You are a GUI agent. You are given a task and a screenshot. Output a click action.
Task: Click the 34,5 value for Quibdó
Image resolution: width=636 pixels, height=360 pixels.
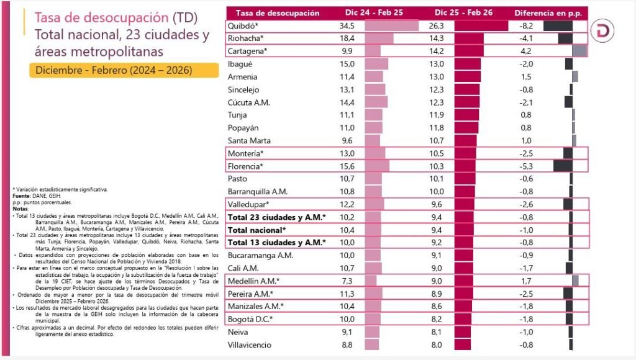coord(346,26)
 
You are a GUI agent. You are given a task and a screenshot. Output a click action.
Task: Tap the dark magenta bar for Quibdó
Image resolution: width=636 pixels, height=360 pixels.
coord(481,26)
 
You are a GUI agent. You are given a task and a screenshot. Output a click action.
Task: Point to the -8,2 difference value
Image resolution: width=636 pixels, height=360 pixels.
coord(525,26)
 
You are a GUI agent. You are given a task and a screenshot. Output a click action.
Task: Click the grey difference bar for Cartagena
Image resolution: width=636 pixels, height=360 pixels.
coord(579,51)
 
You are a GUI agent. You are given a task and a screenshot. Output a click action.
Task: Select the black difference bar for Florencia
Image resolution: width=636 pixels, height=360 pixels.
coord(562,166)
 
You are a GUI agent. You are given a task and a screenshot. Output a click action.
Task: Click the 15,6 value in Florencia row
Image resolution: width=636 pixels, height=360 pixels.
coord(346,166)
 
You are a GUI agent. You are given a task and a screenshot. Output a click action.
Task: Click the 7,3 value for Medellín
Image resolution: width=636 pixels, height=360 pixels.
coord(346,281)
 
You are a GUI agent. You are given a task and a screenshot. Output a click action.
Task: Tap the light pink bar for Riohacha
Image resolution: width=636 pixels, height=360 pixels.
coord(378,38)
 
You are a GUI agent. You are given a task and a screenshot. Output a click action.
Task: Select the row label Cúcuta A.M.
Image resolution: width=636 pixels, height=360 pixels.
coord(249,102)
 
